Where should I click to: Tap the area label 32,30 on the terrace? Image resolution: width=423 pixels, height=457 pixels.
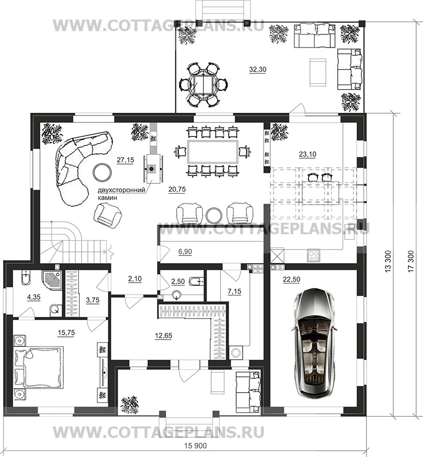click(258, 69)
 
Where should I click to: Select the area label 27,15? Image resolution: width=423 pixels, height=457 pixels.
click(125, 160)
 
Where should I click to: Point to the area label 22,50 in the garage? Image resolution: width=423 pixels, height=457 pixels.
click(291, 279)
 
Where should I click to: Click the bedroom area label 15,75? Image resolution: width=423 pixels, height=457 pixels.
click(66, 333)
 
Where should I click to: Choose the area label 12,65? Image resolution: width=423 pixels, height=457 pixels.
click(163, 335)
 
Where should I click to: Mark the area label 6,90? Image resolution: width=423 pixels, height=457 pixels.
click(185, 251)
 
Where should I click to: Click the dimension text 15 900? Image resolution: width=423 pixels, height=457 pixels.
click(196, 446)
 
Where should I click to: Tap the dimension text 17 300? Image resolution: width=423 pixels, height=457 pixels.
click(411, 261)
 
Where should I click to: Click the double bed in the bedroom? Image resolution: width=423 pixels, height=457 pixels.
click(39, 367)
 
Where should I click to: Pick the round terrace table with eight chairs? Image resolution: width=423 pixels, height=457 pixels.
click(204, 84)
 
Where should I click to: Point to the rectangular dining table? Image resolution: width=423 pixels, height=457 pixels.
click(213, 151)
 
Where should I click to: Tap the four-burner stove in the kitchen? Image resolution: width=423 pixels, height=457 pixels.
click(314, 255)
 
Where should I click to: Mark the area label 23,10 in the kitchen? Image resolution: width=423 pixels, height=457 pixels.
click(307, 154)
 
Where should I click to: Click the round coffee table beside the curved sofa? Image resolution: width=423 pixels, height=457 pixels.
click(102, 172)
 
